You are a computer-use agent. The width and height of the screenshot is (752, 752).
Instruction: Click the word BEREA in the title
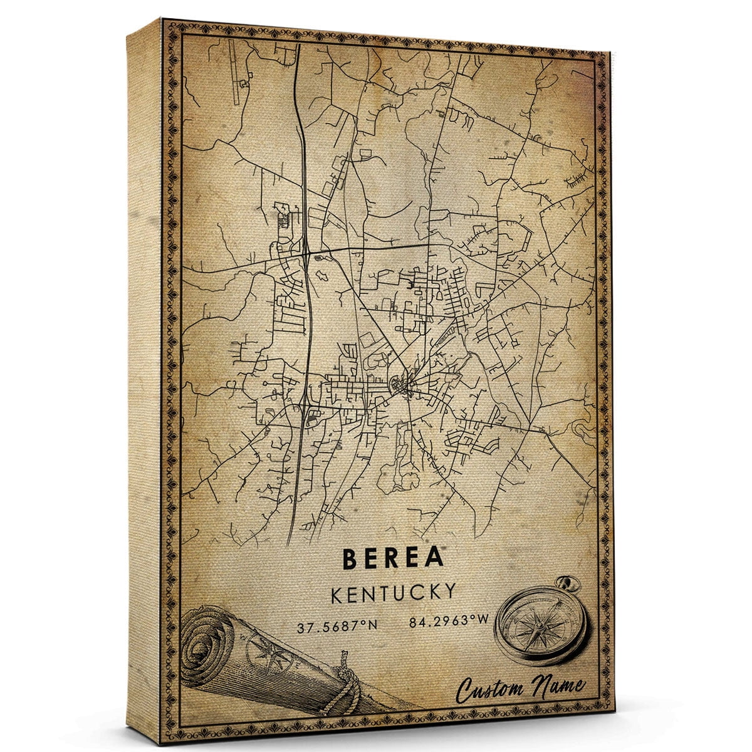pos(393,558)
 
